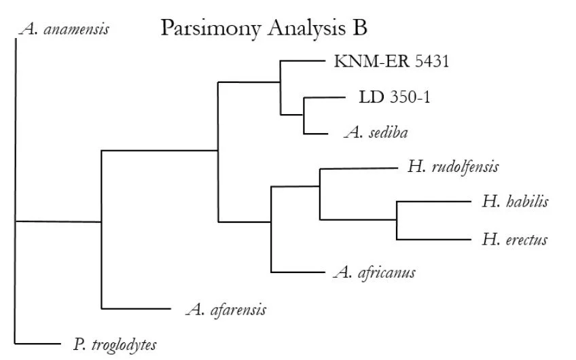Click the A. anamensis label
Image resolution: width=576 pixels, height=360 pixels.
(65, 29)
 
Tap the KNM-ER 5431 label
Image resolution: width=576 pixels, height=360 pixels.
(392, 61)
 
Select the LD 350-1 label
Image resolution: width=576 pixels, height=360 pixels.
(395, 97)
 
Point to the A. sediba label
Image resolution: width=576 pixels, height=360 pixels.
(376, 132)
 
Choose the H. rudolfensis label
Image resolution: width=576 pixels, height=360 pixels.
(453, 167)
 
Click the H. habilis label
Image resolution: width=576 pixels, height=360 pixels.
(516, 201)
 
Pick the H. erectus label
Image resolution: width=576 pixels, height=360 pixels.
(515, 240)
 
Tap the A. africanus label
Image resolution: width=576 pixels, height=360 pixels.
(374, 272)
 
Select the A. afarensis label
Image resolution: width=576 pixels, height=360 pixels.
(226, 310)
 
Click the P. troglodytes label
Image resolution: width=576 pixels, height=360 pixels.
(115, 345)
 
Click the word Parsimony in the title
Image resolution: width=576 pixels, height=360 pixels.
(211, 29)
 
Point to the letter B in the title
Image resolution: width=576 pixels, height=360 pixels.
(360, 28)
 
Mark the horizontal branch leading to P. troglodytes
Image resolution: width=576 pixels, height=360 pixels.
(38, 344)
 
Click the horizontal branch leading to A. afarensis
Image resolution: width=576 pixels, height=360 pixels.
(137, 308)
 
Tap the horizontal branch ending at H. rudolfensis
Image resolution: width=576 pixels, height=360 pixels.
(359, 168)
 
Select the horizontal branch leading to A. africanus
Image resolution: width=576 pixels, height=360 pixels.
(298, 272)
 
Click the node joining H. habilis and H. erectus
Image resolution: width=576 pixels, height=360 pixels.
(397, 219)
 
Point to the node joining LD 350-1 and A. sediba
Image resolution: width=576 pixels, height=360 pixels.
(304, 115)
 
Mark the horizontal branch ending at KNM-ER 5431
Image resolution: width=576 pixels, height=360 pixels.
(303, 60)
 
